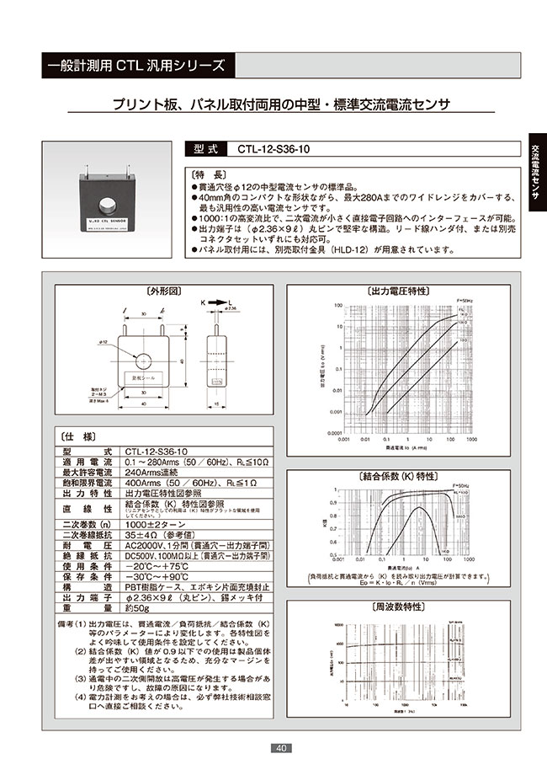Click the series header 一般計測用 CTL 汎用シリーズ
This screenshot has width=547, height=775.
click(x=135, y=64)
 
